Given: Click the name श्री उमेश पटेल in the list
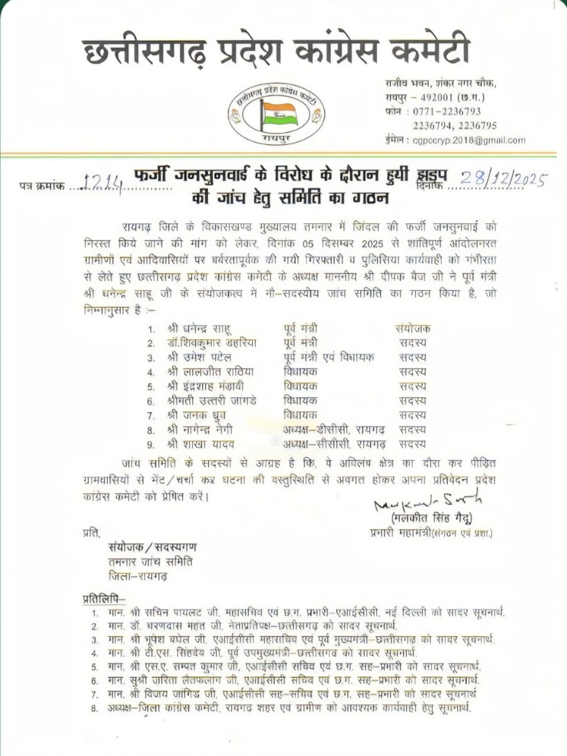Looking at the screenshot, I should pos(200,357).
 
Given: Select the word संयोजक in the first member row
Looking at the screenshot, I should pos(413,328).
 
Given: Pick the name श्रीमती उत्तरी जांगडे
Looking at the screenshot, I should pos(211,400).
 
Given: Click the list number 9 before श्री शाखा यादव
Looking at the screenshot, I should pos(152,445).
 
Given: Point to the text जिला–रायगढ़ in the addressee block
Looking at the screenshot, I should pos(137,576).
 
